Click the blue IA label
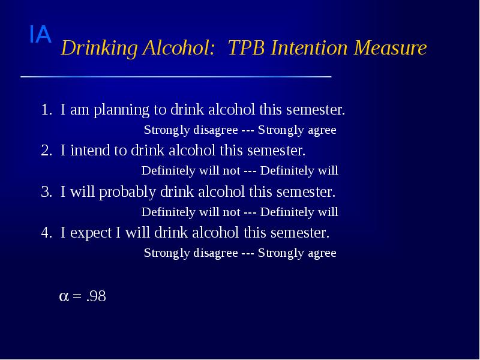click(40, 35)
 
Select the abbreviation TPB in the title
click(248, 48)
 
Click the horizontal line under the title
click(176, 77)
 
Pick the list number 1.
click(46, 110)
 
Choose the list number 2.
click(46, 150)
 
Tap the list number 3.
click(46, 193)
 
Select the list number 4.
click(46, 233)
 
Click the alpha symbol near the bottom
click(64, 296)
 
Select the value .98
click(96, 296)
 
